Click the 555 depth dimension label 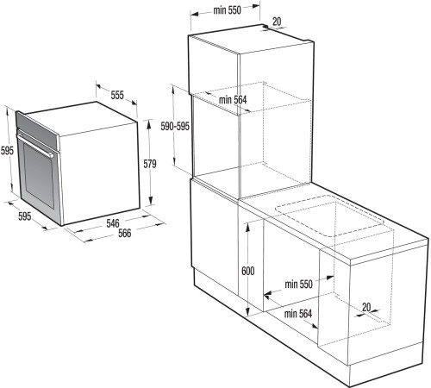click(116, 95)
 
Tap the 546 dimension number click(112, 223)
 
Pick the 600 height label click(248, 271)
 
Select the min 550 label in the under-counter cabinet click(299, 284)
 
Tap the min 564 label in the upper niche click(233, 100)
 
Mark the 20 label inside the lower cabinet click(367, 306)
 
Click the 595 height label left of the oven click(7, 150)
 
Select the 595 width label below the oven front click(24, 216)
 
